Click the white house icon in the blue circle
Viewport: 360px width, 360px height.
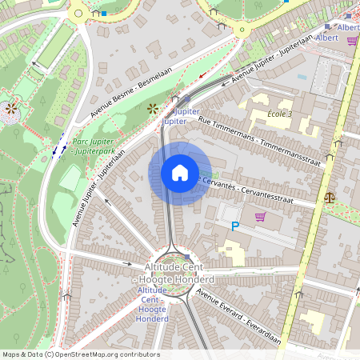(x=180, y=173)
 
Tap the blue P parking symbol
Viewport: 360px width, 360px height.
(x=235, y=227)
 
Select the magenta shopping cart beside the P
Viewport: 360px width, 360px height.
(x=259, y=217)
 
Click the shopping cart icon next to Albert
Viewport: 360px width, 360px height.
(x=351, y=41)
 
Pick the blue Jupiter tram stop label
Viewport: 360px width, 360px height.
(x=179, y=116)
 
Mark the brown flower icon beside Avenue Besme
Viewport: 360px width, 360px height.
(x=153, y=107)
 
